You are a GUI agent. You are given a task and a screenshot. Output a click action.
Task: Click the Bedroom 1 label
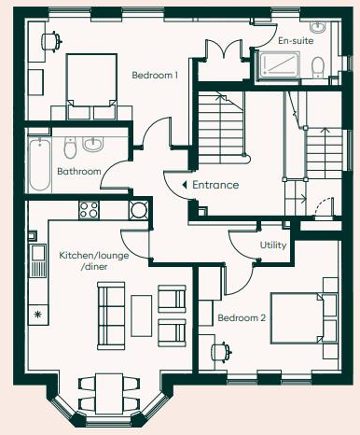click(155, 76)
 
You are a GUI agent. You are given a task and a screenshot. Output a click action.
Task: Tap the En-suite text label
click(297, 41)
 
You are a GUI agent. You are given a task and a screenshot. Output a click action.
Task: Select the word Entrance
click(215, 185)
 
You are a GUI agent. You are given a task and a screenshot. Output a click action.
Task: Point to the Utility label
click(273, 245)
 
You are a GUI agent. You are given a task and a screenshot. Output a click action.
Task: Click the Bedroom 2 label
click(242, 318)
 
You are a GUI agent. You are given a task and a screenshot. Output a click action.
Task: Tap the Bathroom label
click(79, 172)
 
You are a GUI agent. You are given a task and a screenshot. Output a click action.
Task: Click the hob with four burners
click(90, 210)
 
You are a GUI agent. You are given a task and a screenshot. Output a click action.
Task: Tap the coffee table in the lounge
click(140, 315)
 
